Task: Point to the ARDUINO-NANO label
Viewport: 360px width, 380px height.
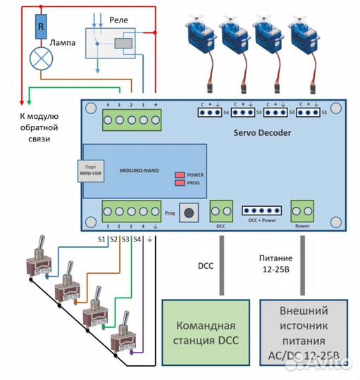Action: point(139,170)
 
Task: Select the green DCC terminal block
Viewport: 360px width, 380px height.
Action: point(221,210)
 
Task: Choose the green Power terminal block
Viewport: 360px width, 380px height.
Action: point(303,210)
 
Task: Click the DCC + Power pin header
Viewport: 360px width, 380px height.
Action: point(261,210)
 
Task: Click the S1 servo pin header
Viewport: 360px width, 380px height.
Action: point(309,111)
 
